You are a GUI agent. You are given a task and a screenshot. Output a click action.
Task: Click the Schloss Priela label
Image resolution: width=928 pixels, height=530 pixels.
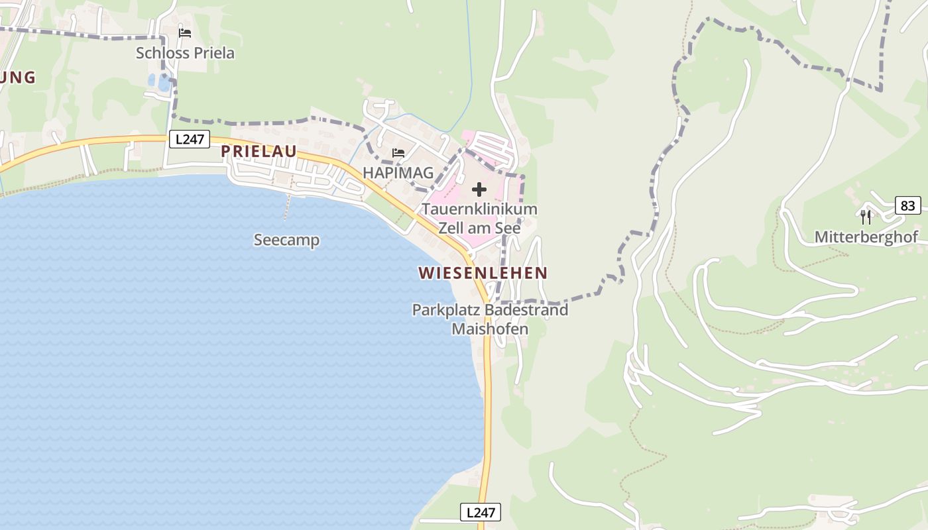pos(185,53)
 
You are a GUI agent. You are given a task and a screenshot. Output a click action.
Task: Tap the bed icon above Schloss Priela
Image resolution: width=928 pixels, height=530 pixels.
pos(185,32)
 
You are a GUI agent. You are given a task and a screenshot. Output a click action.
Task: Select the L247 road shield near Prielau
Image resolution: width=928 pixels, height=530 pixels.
pos(190,139)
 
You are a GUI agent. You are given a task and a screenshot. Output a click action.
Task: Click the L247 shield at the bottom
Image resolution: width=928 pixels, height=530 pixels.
pos(481,512)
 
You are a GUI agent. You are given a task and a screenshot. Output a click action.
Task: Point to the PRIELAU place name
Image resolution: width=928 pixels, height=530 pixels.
pos(259,151)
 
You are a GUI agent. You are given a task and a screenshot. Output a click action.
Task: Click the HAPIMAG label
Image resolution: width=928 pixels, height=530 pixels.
pos(398,173)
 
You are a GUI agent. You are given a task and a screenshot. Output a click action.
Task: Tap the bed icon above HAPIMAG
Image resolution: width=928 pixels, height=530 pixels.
pos(398,153)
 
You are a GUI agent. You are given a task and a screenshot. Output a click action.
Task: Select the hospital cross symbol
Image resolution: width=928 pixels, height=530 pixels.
pos(479,190)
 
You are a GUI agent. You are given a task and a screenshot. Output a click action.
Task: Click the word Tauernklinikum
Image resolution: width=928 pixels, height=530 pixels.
pos(479,209)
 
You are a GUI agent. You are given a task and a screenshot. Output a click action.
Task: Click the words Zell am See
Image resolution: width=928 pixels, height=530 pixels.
pos(479,227)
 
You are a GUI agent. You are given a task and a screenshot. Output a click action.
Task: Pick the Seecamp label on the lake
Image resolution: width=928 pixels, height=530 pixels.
pos(286,240)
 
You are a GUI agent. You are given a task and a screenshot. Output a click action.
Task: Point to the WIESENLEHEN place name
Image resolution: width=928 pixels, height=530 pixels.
pos(483,273)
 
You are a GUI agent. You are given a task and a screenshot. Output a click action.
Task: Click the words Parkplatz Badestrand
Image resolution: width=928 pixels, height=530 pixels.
pos(490,310)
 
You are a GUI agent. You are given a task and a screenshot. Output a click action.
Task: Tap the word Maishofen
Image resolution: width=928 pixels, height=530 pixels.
pos(490,329)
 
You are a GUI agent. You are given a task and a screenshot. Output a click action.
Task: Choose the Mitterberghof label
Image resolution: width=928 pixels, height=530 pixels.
pos(866,237)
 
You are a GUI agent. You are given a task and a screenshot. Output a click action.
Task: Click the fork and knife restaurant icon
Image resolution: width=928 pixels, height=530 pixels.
pos(866,217)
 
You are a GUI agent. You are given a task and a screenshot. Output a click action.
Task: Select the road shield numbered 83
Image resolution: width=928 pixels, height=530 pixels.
pos(907,205)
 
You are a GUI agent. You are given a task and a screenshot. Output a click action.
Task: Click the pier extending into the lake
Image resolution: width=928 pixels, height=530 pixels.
pos(287,207)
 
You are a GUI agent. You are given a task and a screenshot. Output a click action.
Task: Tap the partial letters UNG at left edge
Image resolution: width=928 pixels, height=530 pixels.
pos(17,78)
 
